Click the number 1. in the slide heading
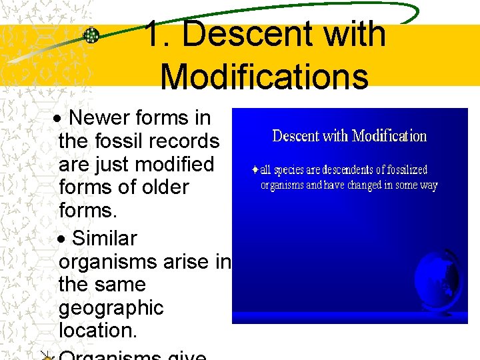coord(158,34)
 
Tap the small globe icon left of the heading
coord(91,35)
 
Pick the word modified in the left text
coord(180,164)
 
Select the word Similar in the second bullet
coord(104,238)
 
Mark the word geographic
coord(111,308)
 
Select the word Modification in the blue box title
coord(389,137)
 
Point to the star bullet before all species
coord(255,170)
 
